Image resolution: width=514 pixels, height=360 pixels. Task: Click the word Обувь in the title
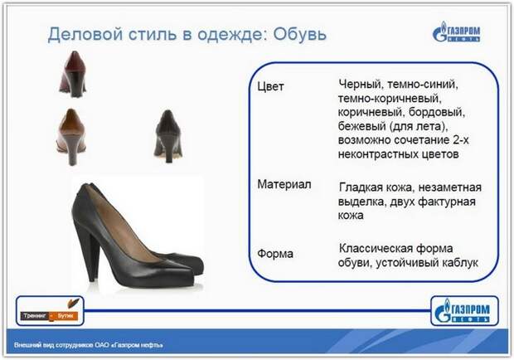(300, 34)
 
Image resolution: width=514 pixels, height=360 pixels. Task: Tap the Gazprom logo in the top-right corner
(456, 32)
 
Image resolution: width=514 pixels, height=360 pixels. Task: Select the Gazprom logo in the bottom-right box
(463, 311)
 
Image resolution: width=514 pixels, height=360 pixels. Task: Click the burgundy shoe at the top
(73, 74)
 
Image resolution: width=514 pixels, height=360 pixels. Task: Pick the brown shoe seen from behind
(71, 137)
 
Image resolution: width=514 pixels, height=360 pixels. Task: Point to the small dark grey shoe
(167, 136)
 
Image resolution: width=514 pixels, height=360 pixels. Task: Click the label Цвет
(270, 86)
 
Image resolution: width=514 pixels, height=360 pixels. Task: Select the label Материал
(284, 184)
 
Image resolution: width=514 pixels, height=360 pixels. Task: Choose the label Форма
(275, 254)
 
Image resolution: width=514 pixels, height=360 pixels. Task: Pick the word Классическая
(376, 249)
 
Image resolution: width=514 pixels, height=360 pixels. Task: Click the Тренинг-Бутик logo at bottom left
(50, 311)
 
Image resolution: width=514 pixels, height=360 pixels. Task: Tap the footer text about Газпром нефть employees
(89, 345)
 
